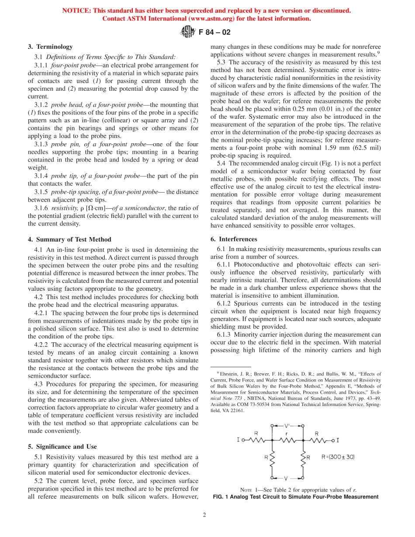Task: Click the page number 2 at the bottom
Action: [x=204, y=514]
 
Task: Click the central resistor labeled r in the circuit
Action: [x=287, y=440]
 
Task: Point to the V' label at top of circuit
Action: [x=287, y=425]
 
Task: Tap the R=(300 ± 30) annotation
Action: [x=338, y=457]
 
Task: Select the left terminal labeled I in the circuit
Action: [x=239, y=440]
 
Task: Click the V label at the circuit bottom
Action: [x=287, y=478]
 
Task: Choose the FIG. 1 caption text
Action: [x=295, y=497]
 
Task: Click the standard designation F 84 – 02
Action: [x=214, y=32]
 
